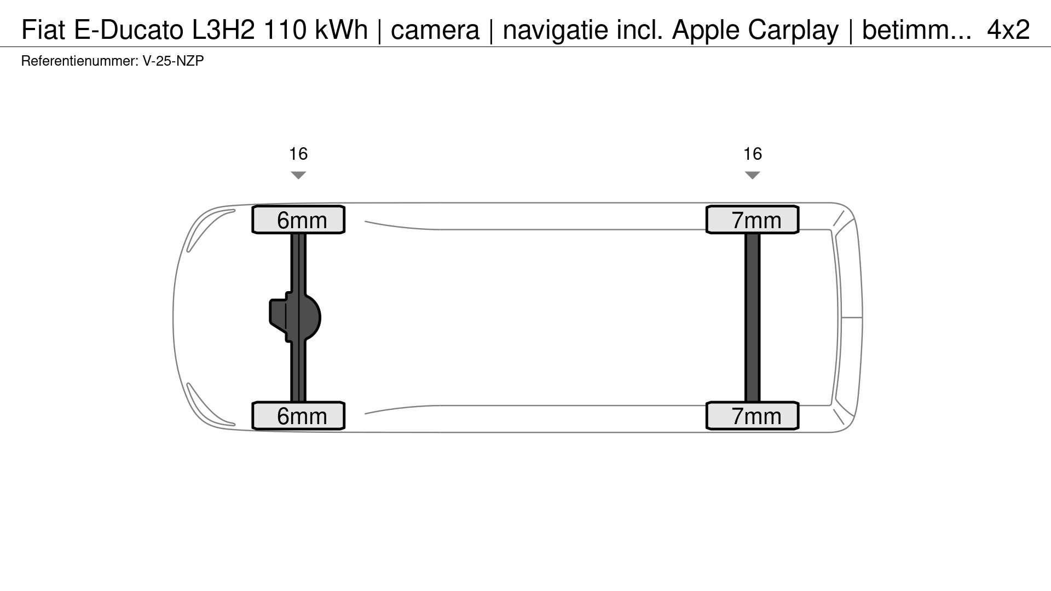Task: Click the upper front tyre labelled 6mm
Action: [298, 220]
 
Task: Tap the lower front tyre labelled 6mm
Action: [298, 416]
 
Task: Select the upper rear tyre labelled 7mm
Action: [753, 220]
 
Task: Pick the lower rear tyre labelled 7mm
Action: [753, 416]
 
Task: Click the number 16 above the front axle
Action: [298, 154]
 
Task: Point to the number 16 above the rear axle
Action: [753, 154]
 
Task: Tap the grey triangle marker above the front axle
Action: [298, 175]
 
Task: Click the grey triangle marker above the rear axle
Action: [753, 175]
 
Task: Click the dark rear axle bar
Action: [753, 317]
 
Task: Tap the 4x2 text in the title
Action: [1008, 30]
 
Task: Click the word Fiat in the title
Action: [43, 30]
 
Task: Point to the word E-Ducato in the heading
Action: [129, 30]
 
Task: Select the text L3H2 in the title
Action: [223, 30]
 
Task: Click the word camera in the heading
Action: [435, 30]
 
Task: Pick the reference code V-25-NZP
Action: [173, 61]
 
